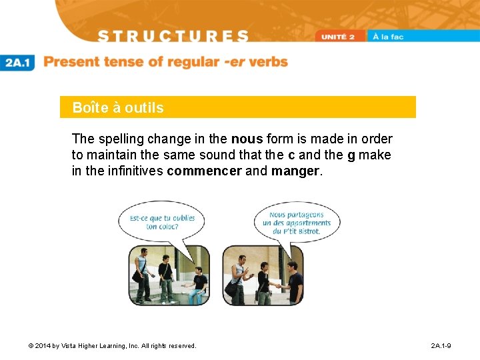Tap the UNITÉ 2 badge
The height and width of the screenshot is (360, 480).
(x=342, y=37)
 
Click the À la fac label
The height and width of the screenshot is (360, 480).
(x=389, y=37)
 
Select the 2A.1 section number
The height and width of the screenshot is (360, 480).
(x=18, y=63)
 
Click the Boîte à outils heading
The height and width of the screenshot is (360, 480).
(x=118, y=107)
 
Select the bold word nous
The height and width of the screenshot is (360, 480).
(x=247, y=139)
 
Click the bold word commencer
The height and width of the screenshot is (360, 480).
(x=204, y=171)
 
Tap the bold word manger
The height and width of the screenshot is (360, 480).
(x=295, y=171)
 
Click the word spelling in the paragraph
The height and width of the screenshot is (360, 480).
(x=120, y=139)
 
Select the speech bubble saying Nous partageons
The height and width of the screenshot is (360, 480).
(x=296, y=223)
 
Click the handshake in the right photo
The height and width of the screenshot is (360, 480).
(x=275, y=285)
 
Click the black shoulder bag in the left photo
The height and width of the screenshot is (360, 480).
(x=138, y=275)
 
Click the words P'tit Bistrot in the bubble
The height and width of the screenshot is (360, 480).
(x=303, y=231)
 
